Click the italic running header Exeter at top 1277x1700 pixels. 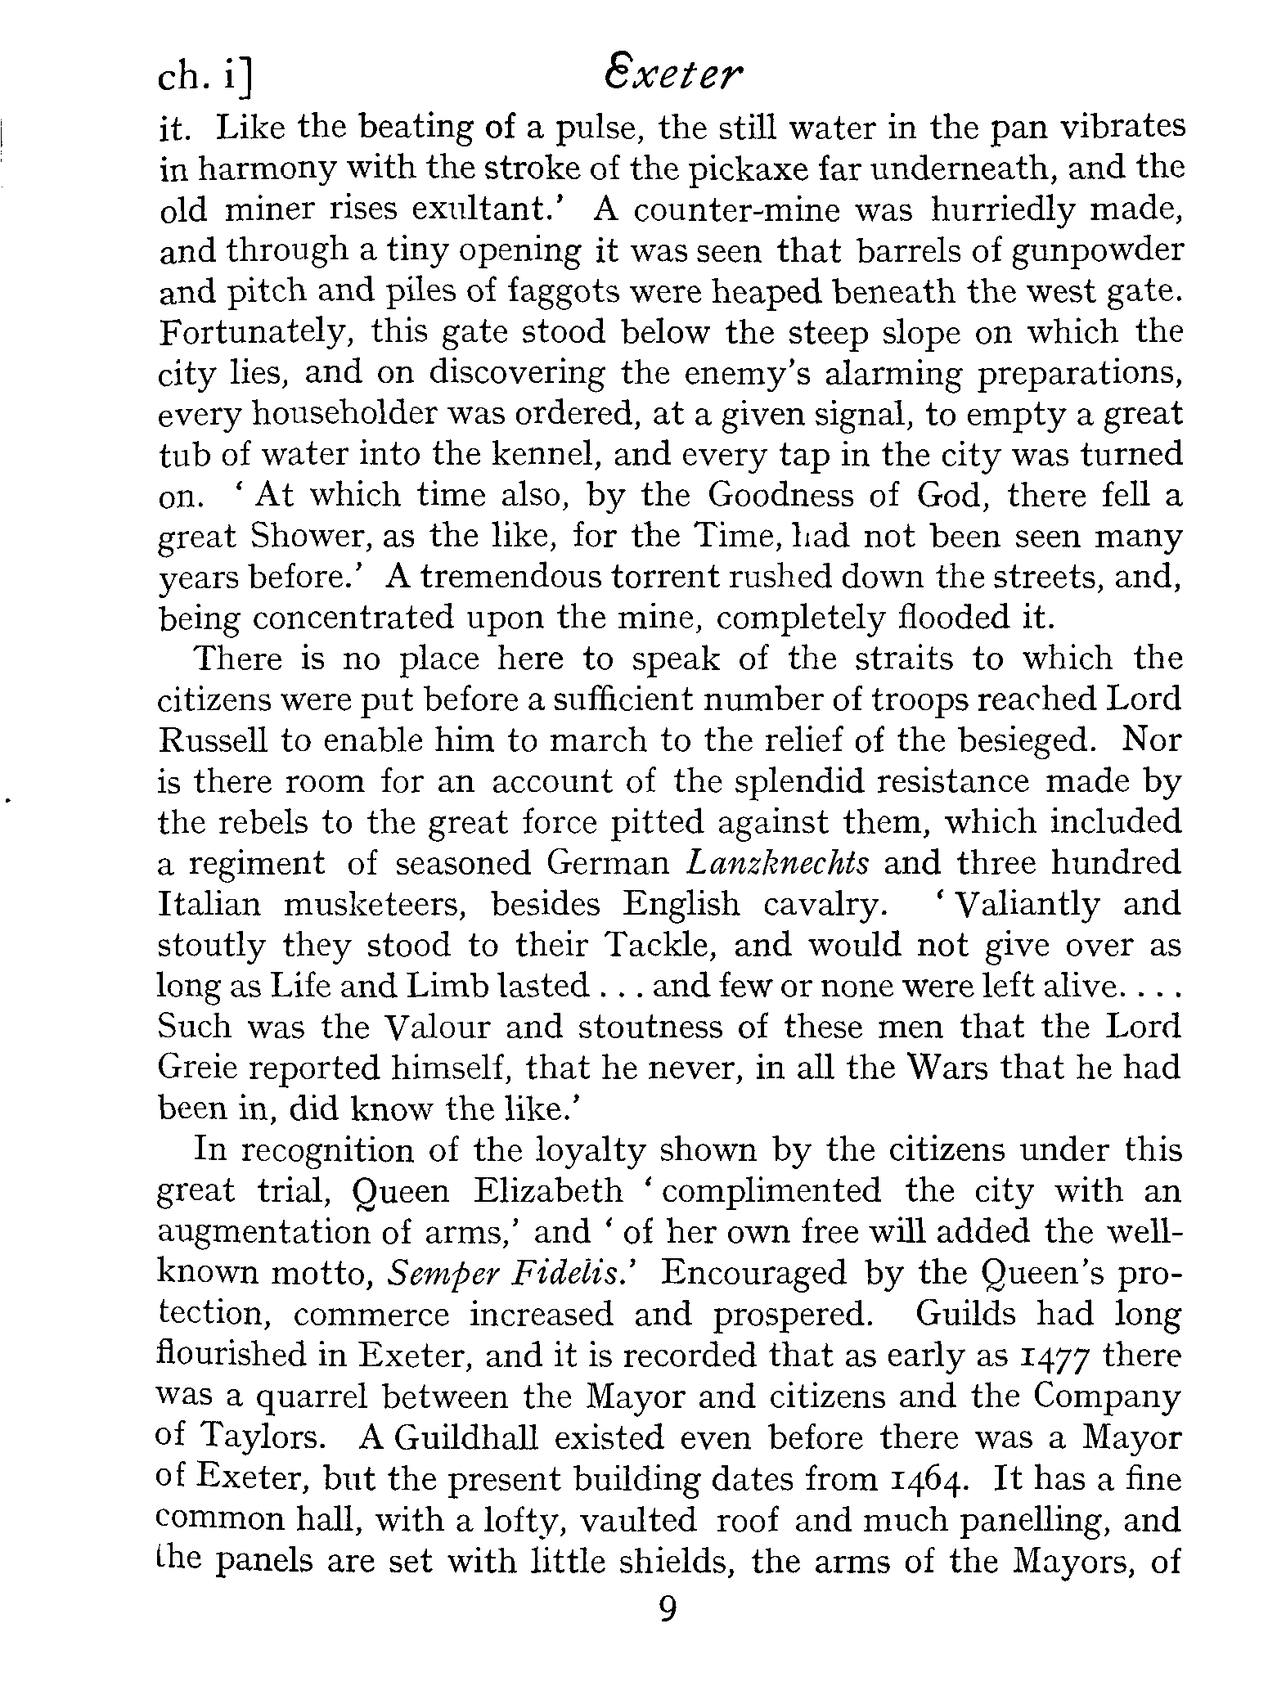[672, 79]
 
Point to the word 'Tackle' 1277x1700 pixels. [659, 946]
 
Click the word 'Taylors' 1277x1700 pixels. [271, 1437]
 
